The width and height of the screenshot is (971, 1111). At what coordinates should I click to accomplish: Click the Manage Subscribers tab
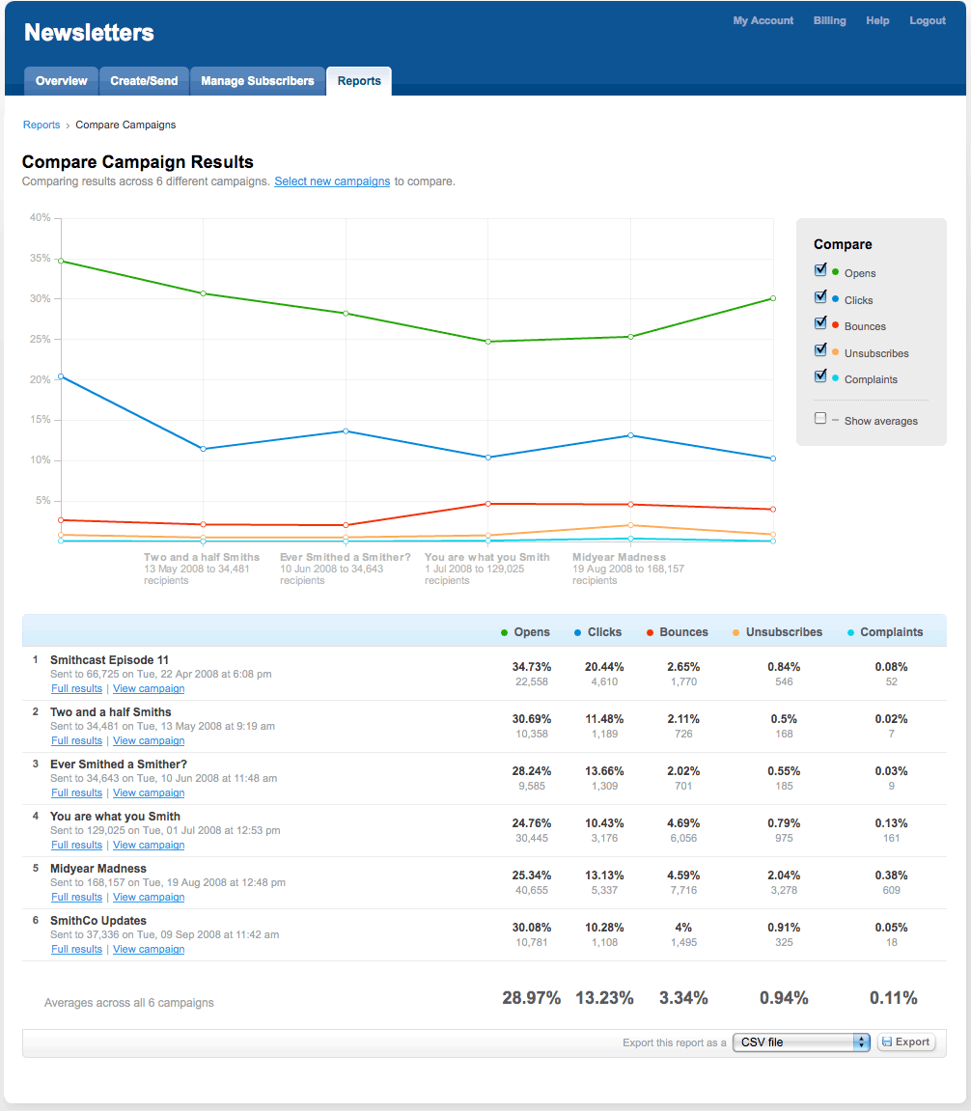(x=257, y=81)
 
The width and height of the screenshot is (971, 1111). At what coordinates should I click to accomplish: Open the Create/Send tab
(x=144, y=81)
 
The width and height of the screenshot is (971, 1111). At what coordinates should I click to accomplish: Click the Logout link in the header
(x=927, y=21)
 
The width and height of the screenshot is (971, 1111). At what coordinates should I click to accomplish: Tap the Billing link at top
(x=829, y=21)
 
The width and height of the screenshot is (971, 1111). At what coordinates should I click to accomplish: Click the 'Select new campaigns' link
(x=332, y=181)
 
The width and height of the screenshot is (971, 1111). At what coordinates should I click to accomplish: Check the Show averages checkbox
(x=820, y=419)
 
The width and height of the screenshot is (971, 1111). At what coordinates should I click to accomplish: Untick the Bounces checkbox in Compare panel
(x=820, y=323)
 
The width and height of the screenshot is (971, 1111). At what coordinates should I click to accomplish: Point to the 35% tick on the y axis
(x=40, y=259)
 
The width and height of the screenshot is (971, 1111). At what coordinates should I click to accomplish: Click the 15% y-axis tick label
(x=40, y=419)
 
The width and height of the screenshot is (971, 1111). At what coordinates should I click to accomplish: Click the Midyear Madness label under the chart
(x=619, y=557)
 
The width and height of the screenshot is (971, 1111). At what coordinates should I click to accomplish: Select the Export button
(x=905, y=1042)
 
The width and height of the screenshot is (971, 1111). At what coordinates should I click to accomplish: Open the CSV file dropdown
(x=801, y=1042)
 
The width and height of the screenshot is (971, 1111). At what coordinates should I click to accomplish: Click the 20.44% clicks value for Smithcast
(x=604, y=667)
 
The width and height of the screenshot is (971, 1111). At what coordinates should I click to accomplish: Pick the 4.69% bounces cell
(x=683, y=823)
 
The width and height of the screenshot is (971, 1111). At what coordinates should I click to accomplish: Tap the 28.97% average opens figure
(x=531, y=998)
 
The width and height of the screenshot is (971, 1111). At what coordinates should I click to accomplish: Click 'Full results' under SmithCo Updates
(x=76, y=950)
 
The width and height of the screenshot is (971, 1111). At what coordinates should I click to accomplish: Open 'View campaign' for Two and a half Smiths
(x=149, y=741)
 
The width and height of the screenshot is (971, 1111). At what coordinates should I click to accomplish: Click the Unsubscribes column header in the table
(x=784, y=632)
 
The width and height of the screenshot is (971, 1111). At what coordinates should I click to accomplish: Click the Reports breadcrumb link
(x=42, y=125)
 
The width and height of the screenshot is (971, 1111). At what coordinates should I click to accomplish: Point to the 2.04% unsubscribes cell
(x=784, y=875)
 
